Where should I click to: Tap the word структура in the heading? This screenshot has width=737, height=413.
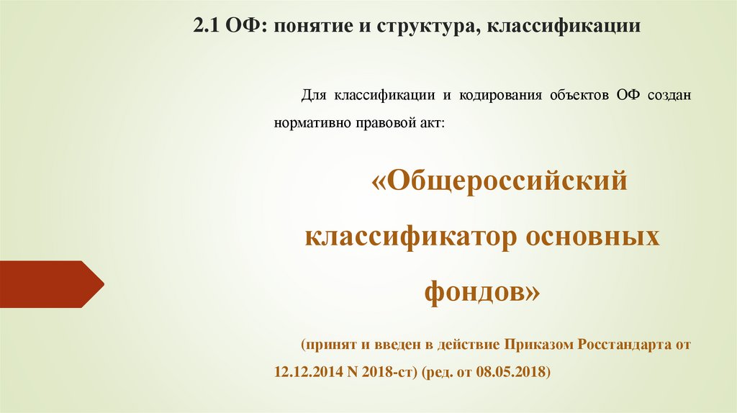tap(418, 28)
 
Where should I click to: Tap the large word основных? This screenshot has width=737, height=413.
tap(597, 237)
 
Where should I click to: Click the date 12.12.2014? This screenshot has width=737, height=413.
tap(304, 372)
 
